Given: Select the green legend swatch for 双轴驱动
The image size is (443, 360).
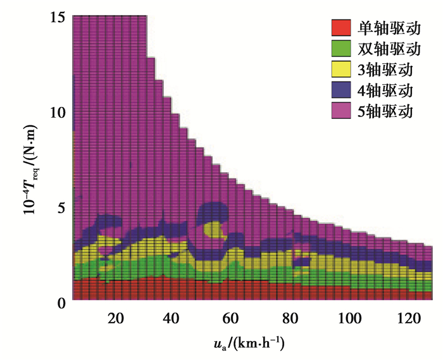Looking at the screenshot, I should [340, 48].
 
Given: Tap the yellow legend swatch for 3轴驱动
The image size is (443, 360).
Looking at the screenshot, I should [340, 69].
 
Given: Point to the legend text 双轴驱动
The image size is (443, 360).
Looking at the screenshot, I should [387, 48].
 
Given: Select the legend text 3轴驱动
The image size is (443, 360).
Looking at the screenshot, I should [385, 69].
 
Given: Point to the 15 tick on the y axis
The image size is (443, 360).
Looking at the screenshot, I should [58, 17].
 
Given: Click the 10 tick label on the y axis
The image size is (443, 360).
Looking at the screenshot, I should [58, 112].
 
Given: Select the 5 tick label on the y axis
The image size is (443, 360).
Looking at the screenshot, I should [62, 208].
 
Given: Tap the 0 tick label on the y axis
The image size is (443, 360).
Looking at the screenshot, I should [62, 302].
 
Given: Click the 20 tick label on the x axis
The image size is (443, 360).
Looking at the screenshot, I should [115, 318].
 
